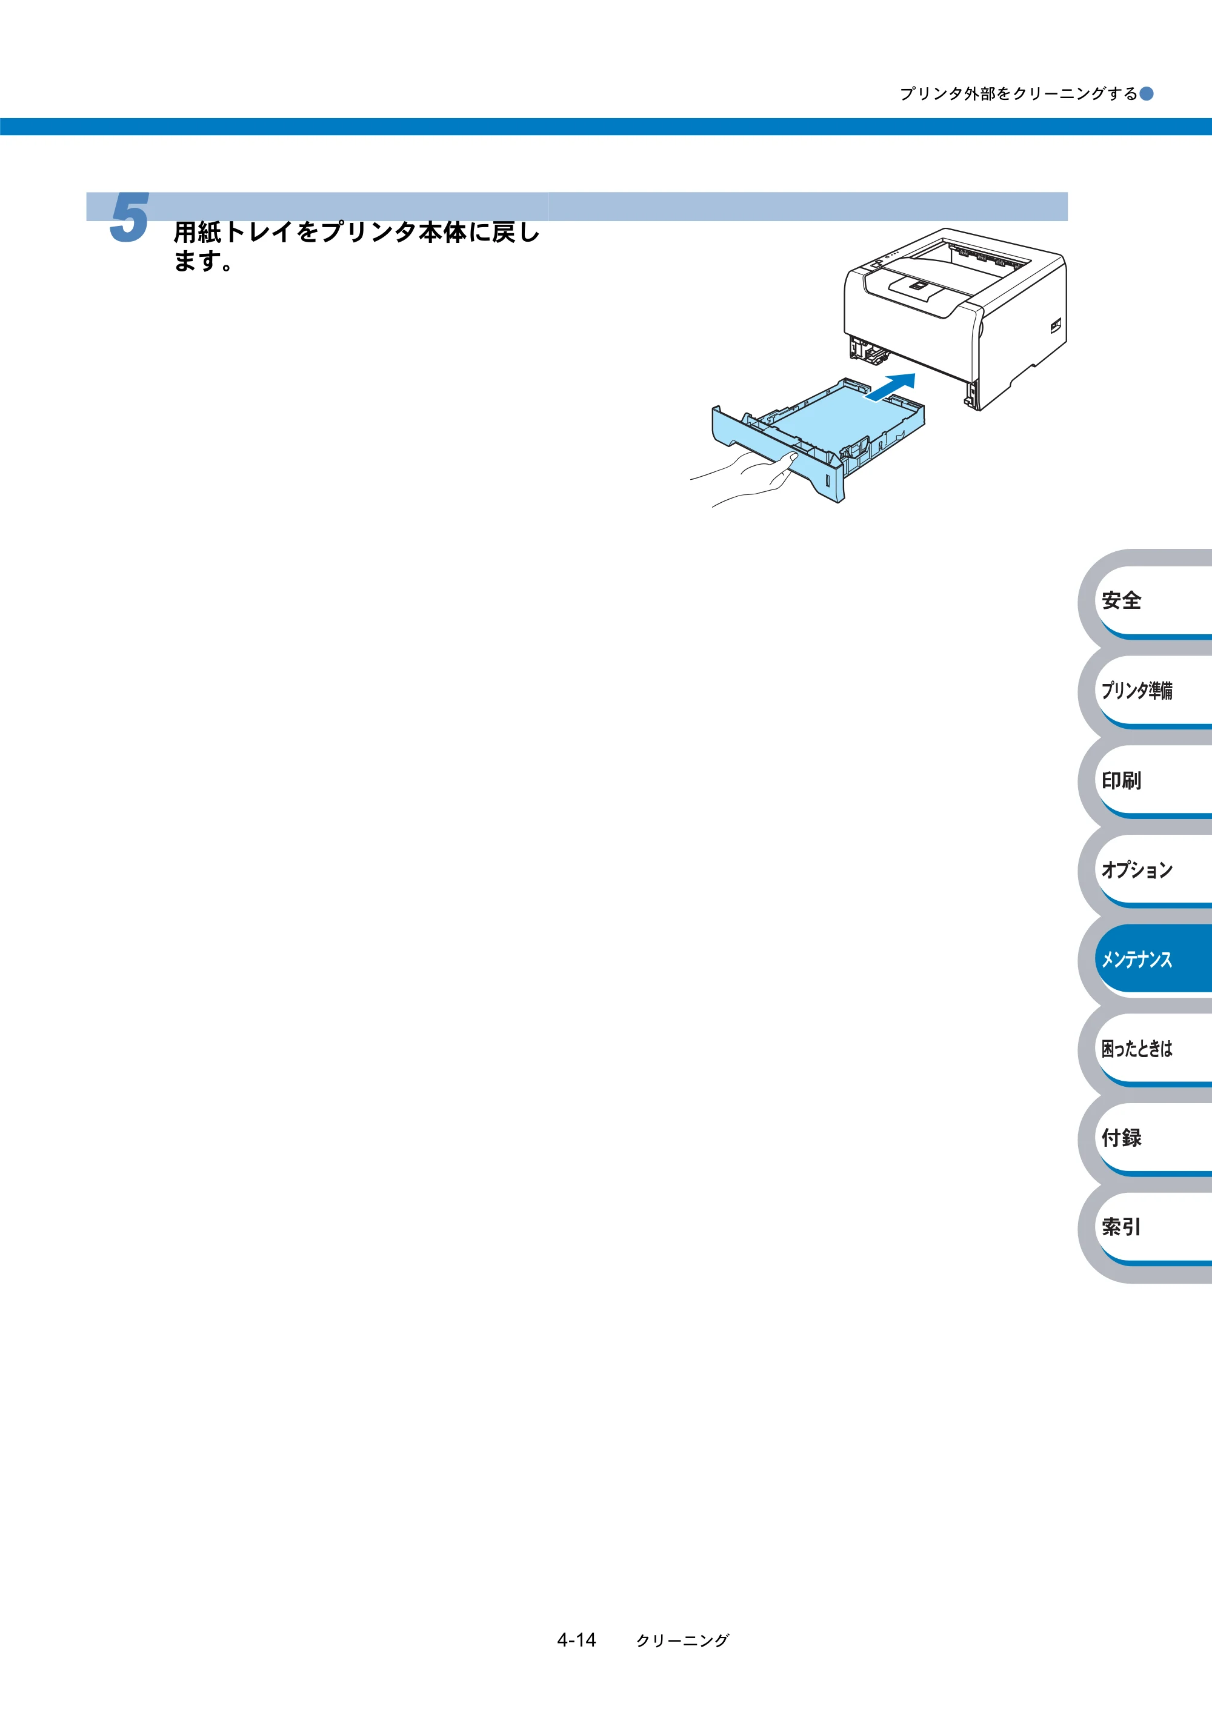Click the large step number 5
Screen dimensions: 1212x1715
click(x=129, y=217)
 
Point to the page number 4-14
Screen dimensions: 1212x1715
click(x=576, y=1640)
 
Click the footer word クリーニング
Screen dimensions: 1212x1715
click(x=682, y=1641)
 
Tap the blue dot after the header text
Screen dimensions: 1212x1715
click(x=1146, y=93)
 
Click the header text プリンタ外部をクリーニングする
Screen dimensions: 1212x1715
click(x=1019, y=93)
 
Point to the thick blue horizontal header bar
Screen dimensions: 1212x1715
click(x=606, y=126)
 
